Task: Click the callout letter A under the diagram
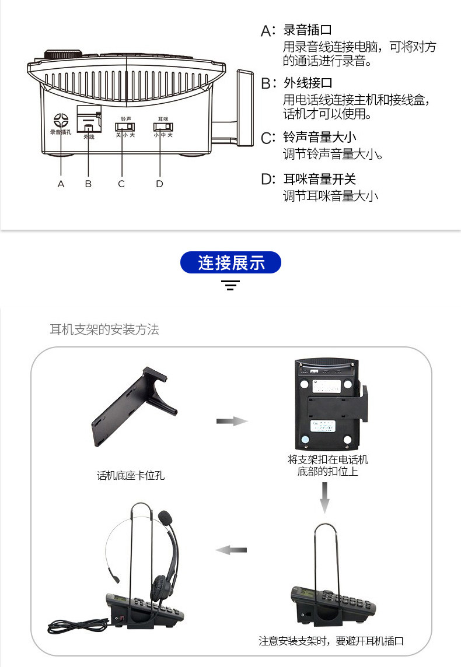click(61, 184)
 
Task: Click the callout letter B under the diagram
click(89, 184)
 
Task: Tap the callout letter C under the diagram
click(121, 184)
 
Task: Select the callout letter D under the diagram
click(159, 184)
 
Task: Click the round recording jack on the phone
click(61, 120)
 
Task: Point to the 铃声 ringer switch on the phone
click(124, 127)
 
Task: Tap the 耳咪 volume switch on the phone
click(161, 127)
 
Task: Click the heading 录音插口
click(308, 30)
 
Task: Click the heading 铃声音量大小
click(320, 138)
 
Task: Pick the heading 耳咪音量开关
click(320, 180)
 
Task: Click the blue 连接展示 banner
click(231, 263)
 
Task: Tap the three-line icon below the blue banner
click(230, 286)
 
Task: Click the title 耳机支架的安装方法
click(104, 329)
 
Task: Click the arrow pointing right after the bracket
click(232, 421)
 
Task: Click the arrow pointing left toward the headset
click(231, 550)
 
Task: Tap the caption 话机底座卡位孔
click(131, 476)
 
